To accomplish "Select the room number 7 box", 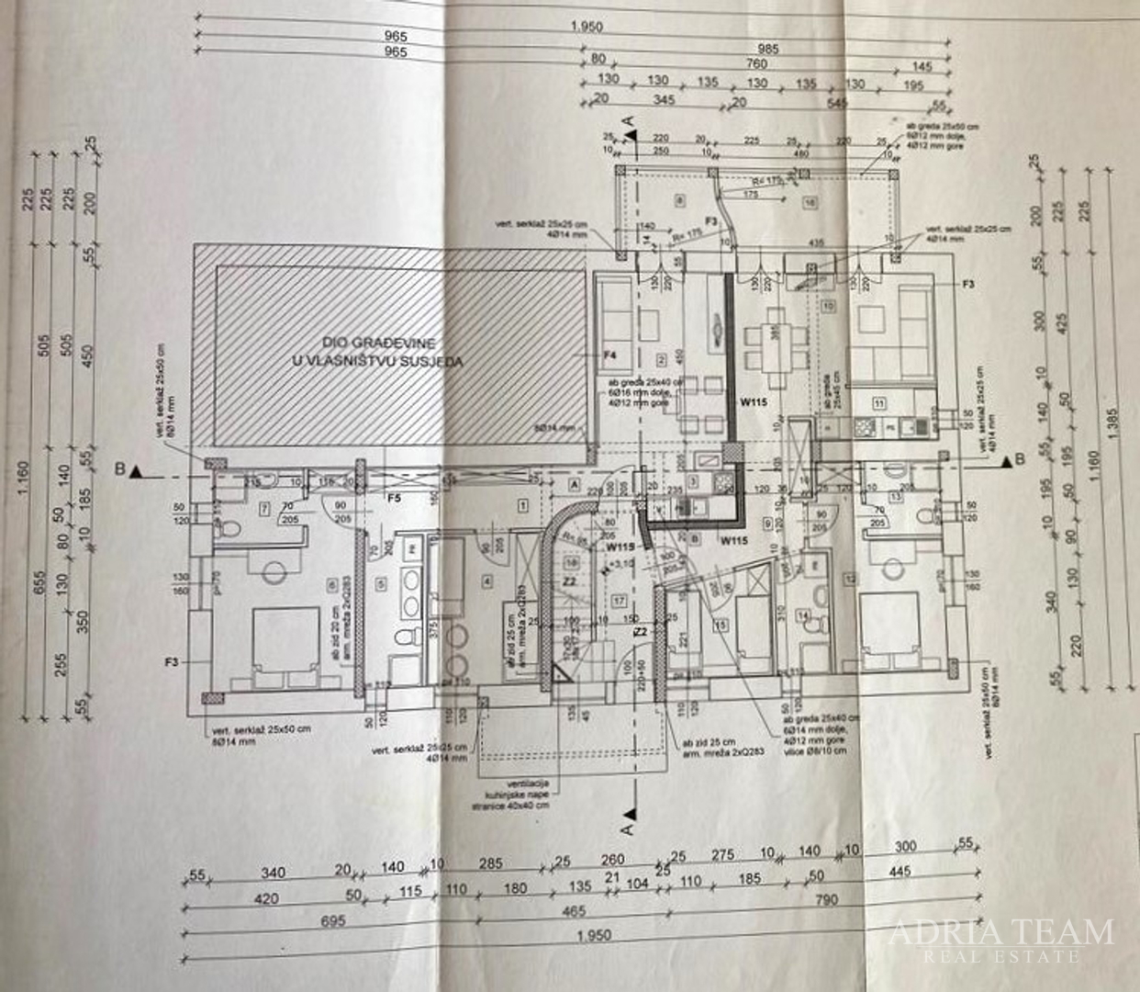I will [263, 508].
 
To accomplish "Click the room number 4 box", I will [486, 580].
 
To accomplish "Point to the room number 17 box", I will [620, 601].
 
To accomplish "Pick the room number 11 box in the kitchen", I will [878, 402].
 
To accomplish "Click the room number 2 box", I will [660, 359].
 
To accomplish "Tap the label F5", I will [395, 498].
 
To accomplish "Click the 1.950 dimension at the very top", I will [586, 27].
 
